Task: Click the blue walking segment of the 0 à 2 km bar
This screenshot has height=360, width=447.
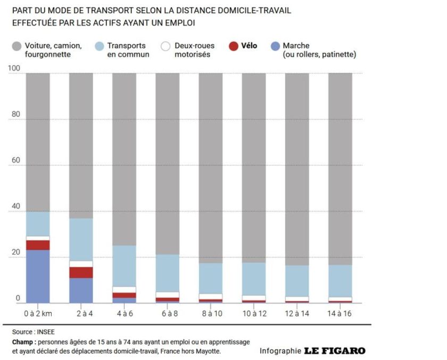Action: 38,276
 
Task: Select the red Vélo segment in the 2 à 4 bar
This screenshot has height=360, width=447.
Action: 81,272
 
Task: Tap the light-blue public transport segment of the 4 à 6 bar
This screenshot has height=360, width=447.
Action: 124,266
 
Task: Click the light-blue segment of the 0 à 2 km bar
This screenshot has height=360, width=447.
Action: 38,224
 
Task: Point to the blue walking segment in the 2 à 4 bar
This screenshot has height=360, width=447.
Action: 81,290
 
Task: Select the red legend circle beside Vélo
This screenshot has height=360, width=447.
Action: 233,47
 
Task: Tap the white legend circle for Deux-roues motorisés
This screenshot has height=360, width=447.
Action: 165,47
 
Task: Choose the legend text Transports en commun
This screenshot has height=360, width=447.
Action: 128,50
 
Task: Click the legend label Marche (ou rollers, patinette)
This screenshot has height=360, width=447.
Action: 319,50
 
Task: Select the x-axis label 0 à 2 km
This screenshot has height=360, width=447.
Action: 38,313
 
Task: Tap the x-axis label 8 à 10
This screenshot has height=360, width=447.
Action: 211,313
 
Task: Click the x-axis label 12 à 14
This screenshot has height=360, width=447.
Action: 297,313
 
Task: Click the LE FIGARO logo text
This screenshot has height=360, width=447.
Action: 335,351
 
